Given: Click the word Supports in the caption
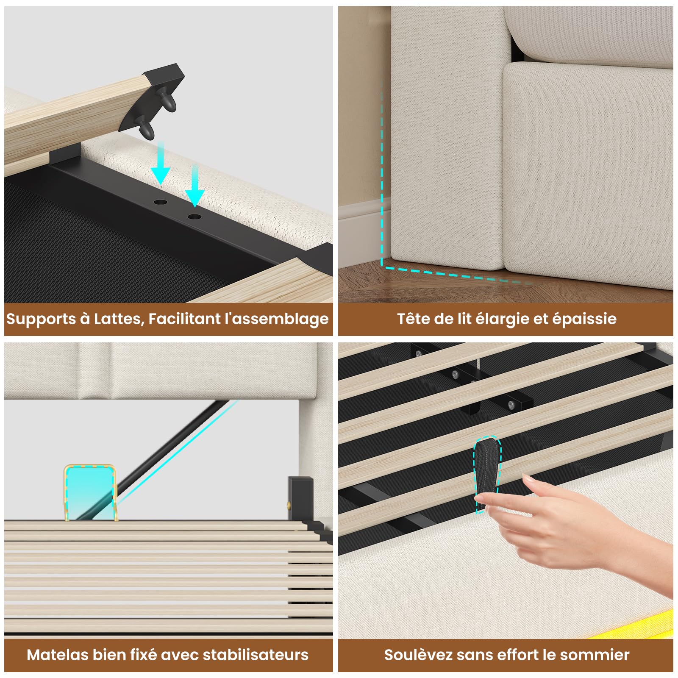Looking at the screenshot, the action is pyautogui.click(x=41, y=319).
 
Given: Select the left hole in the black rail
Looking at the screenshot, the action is pyautogui.click(x=160, y=202).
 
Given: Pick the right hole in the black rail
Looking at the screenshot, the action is pyautogui.click(x=195, y=217).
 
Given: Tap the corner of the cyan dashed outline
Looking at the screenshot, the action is pyautogui.click(x=382, y=266).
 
